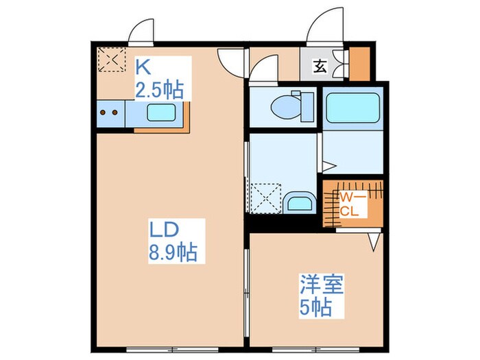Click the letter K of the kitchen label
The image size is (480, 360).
143,67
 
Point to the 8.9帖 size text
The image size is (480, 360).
172,252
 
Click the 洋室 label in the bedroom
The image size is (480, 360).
321,283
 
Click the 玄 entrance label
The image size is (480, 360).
320,67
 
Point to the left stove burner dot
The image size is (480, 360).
104,112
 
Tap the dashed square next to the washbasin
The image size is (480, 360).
265,197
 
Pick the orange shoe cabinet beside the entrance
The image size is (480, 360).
359,63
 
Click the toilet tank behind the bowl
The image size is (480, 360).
307,106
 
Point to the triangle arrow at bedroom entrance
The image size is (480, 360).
374,241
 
